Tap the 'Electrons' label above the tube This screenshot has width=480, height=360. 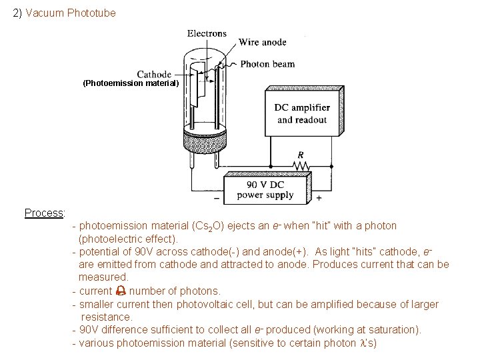tap(207, 34)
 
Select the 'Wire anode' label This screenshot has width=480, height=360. tap(263, 42)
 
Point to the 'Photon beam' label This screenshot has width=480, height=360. tap(267, 65)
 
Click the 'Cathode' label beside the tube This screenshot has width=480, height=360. tap(154, 74)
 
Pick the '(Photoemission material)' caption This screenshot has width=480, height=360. tap(131, 84)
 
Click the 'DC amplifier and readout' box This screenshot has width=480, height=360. tap(301, 114)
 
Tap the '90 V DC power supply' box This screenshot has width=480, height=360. tap(265, 189)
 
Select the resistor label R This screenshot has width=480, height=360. tap(301, 153)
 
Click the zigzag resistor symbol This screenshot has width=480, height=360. tap(301, 164)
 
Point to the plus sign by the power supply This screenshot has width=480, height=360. tap(318, 198)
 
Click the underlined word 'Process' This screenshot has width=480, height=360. tap(43, 213)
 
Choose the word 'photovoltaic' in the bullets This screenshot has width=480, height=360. tap(199, 305)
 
